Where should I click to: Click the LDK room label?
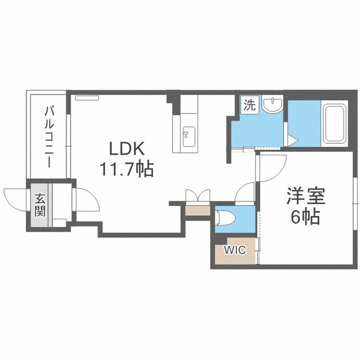coord(127,148)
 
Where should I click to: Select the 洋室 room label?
coord(306,196)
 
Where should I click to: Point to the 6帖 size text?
coord(305,217)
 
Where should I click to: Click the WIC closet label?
coord(235,250)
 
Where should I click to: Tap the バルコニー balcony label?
coord(49,137)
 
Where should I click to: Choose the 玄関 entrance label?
coord(40,205)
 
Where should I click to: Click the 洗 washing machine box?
coord(250,105)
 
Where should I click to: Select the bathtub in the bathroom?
coord(335,123)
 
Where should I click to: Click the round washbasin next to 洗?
coord(273,105)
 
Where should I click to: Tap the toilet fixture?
coord(225,218)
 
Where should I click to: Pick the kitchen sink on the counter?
coord(189,137)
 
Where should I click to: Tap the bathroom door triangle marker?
coord(292,140)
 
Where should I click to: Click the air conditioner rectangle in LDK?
coord(87,98)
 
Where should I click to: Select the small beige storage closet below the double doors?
coord(197,210)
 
